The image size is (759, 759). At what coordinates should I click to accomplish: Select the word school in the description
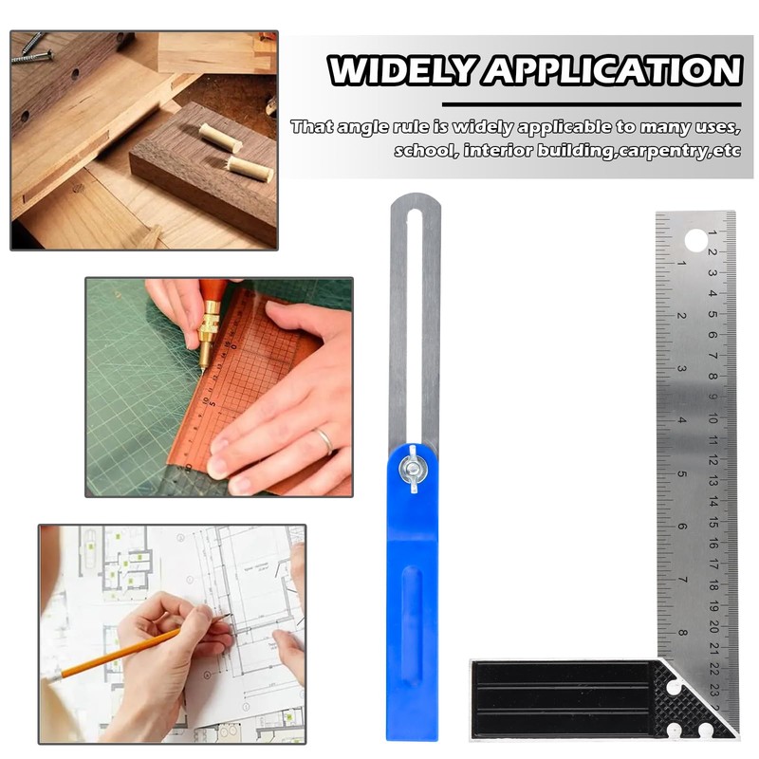[424, 150]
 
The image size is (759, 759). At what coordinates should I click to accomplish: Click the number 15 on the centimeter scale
[713, 521]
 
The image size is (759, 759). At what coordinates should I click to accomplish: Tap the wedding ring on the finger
[324, 440]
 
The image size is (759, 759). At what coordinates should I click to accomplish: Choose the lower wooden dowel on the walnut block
[250, 170]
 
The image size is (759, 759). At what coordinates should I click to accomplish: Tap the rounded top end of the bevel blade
[412, 201]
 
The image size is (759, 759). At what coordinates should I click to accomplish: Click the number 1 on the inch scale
[682, 263]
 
